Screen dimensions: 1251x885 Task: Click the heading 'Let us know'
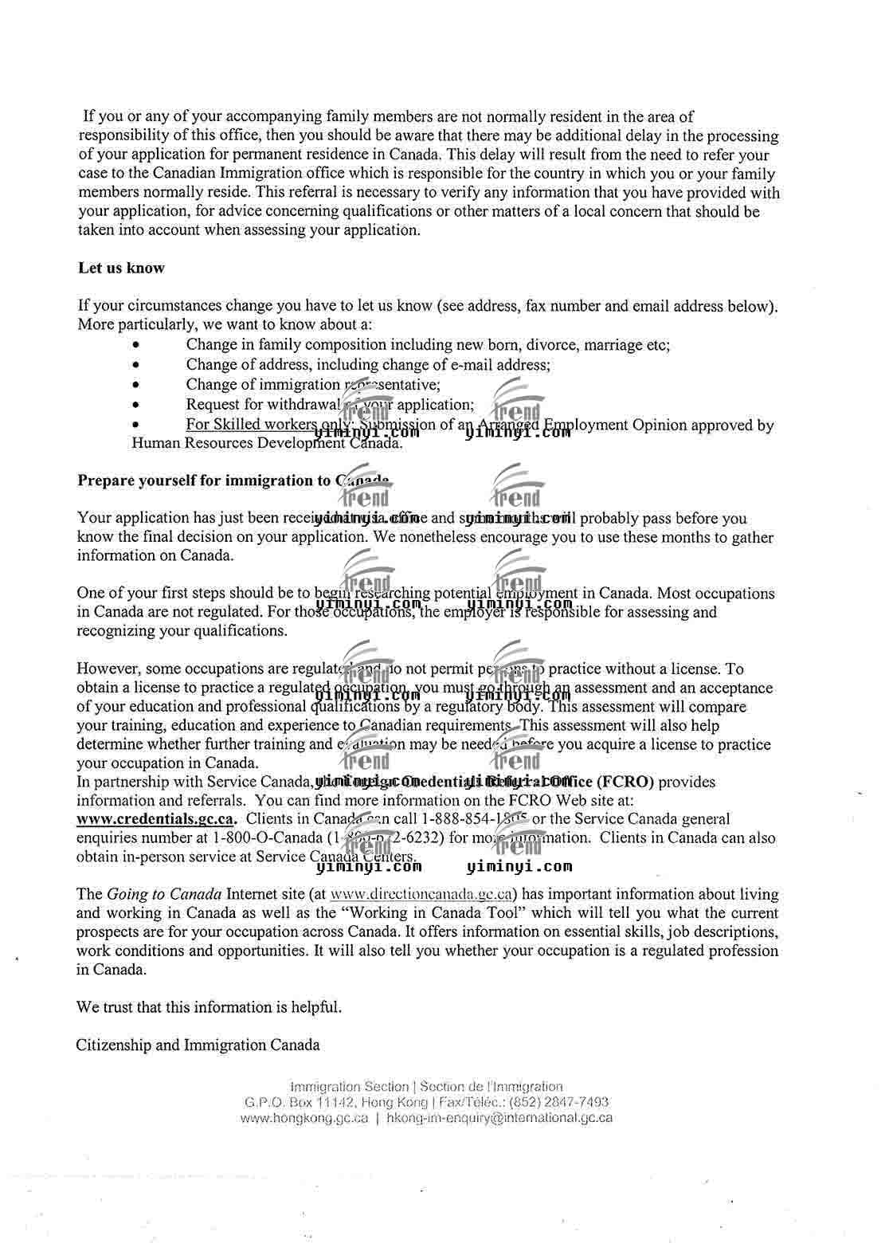click(x=121, y=269)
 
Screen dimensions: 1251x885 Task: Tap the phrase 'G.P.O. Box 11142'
click(x=298, y=1103)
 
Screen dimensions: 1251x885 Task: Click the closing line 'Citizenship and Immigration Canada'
click(x=198, y=1045)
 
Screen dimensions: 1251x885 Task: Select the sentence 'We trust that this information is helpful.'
click(x=209, y=1007)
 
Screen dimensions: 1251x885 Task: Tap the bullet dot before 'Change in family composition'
click(x=138, y=346)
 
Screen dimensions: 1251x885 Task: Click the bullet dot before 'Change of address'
click(x=138, y=366)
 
